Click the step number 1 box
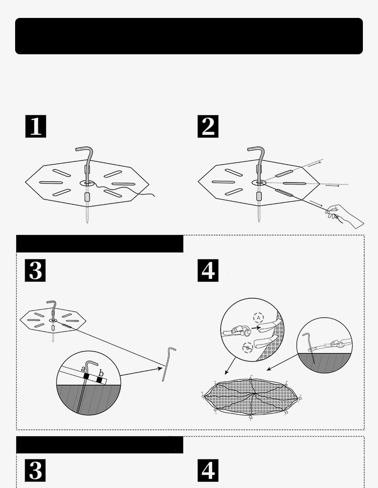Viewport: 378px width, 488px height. click(x=35, y=126)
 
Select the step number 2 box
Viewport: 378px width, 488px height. click(x=208, y=126)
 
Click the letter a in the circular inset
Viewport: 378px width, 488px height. click(x=83, y=370)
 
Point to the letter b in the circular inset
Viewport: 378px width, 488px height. click(x=101, y=373)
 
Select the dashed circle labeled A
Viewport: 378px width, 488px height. click(x=258, y=318)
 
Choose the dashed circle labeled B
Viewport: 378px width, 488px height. click(x=248, y=347)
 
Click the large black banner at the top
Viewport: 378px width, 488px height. click(x=189, y=36)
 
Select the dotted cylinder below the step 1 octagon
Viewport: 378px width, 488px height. click(x=87, y=197)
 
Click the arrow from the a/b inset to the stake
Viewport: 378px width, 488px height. click(x=141, y=371)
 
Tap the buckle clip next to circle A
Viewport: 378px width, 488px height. click(x=240, y=331)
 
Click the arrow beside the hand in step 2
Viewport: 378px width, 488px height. click(x=316, y=203)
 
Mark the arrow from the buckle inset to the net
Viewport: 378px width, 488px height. click(x=230, y=366)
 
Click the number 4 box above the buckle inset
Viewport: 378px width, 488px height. click(x=208, y=270)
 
